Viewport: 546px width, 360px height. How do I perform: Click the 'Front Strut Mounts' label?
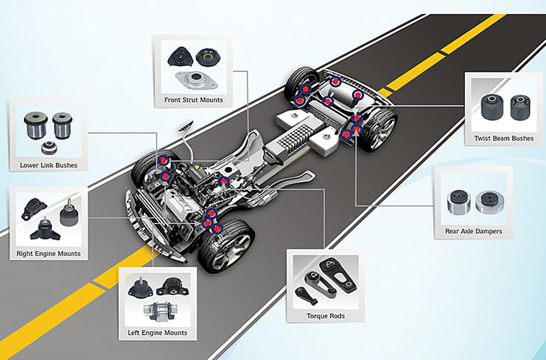(x=193, y=100)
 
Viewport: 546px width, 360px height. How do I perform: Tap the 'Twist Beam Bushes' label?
(x=503, y=139)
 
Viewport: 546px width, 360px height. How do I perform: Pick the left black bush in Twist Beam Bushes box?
(x=490, y=108)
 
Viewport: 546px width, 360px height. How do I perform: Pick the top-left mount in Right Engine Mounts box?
(x=32, y=207)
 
